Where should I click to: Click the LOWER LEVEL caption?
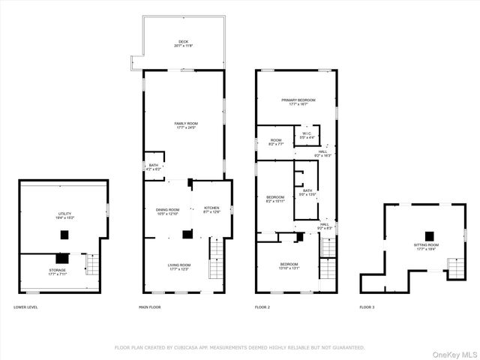[x=25, y=307]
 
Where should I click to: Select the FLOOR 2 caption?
[x=262, y=307]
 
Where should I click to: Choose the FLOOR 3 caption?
[x=367, y=307]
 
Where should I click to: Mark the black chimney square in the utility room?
[x=65, y=235]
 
